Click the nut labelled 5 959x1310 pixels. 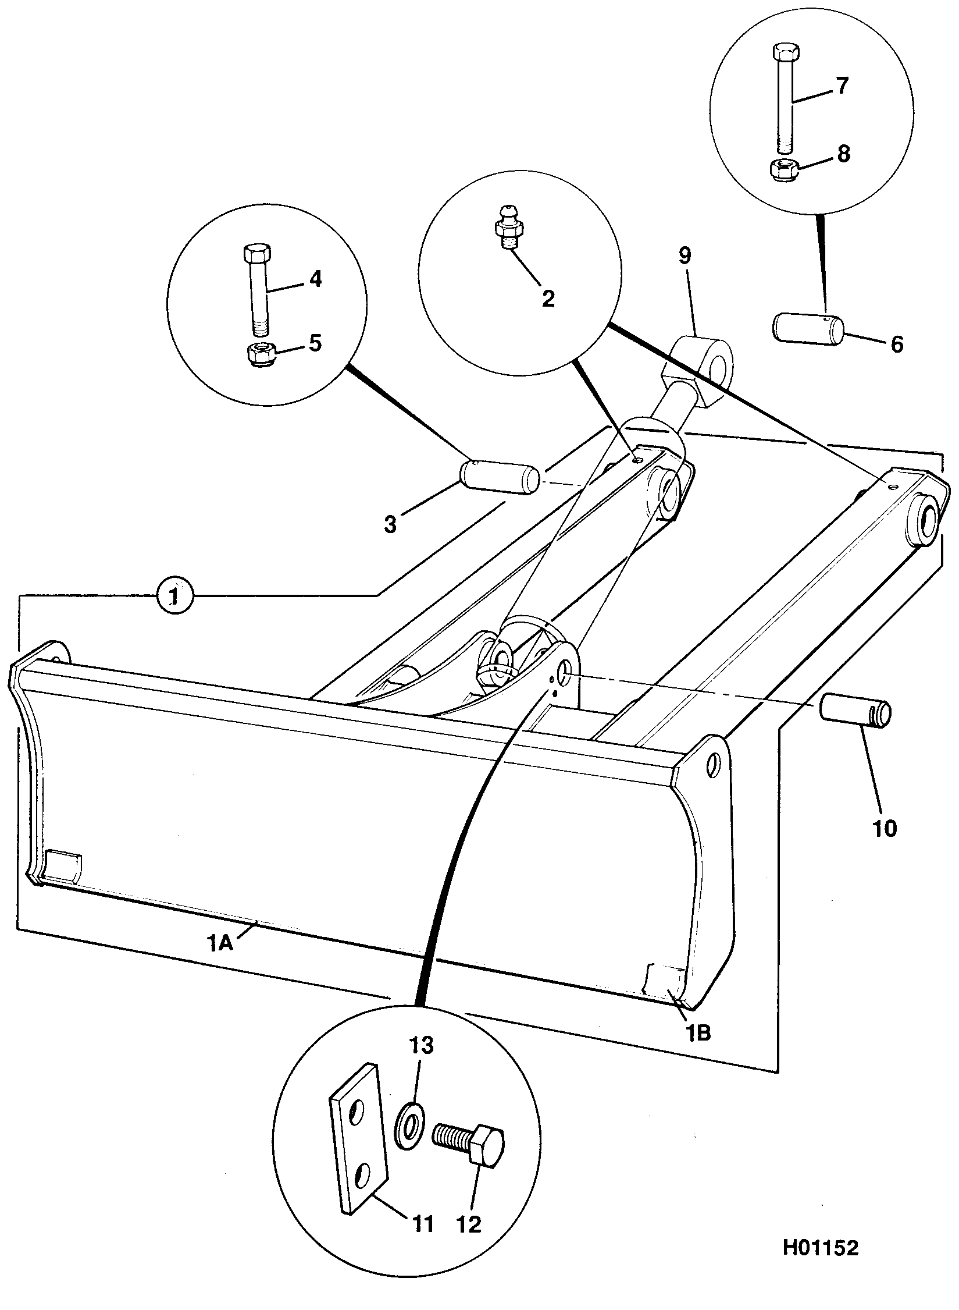261,354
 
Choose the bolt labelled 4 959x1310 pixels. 258,289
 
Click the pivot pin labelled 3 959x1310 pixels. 500,478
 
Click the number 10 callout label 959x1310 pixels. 884,828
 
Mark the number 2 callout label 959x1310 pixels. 547,299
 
